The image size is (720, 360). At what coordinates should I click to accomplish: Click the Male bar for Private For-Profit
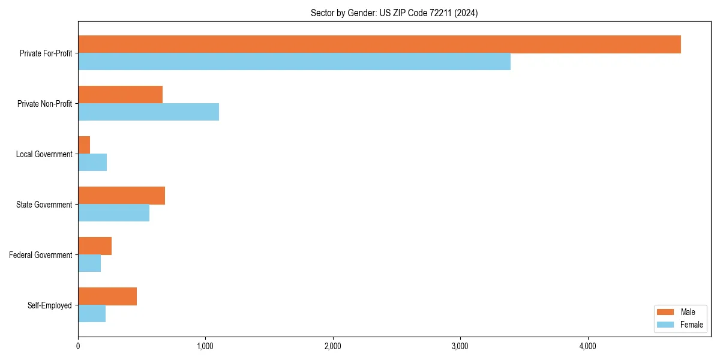coord(379,44)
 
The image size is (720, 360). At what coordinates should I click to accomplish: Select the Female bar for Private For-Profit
coord(294,62)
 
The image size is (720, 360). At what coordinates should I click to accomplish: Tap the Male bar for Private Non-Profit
coord(120,95)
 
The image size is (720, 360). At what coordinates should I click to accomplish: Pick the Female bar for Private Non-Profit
coord(148,112)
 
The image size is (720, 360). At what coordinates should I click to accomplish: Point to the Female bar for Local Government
coord(92,163)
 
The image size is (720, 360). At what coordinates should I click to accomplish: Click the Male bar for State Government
coord(121,196)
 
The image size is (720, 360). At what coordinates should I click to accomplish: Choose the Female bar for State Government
coord(113,213)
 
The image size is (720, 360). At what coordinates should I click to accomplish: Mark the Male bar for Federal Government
coord(95,246)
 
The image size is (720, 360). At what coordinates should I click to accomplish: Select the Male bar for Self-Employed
coord(107,296)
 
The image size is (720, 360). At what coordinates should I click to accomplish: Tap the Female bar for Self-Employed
coord(92,314)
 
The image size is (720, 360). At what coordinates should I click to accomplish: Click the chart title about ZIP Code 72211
coord(394,13)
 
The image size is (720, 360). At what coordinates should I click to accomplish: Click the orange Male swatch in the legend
coord(666,312)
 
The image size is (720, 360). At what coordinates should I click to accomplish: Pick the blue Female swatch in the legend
coord(666,325)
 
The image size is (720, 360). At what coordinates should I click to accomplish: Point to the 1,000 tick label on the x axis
coord(205,346)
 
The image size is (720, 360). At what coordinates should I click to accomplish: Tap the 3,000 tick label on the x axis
coord(460,346)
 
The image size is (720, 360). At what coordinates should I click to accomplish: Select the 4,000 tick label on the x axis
coord(587,346)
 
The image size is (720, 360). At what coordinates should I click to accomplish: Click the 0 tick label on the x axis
coord(78,346)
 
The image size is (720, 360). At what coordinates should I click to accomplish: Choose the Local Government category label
coord(44,154)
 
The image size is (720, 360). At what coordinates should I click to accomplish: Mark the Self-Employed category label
coord(49,305)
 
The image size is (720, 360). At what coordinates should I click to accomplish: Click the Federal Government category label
coord(41,255)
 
